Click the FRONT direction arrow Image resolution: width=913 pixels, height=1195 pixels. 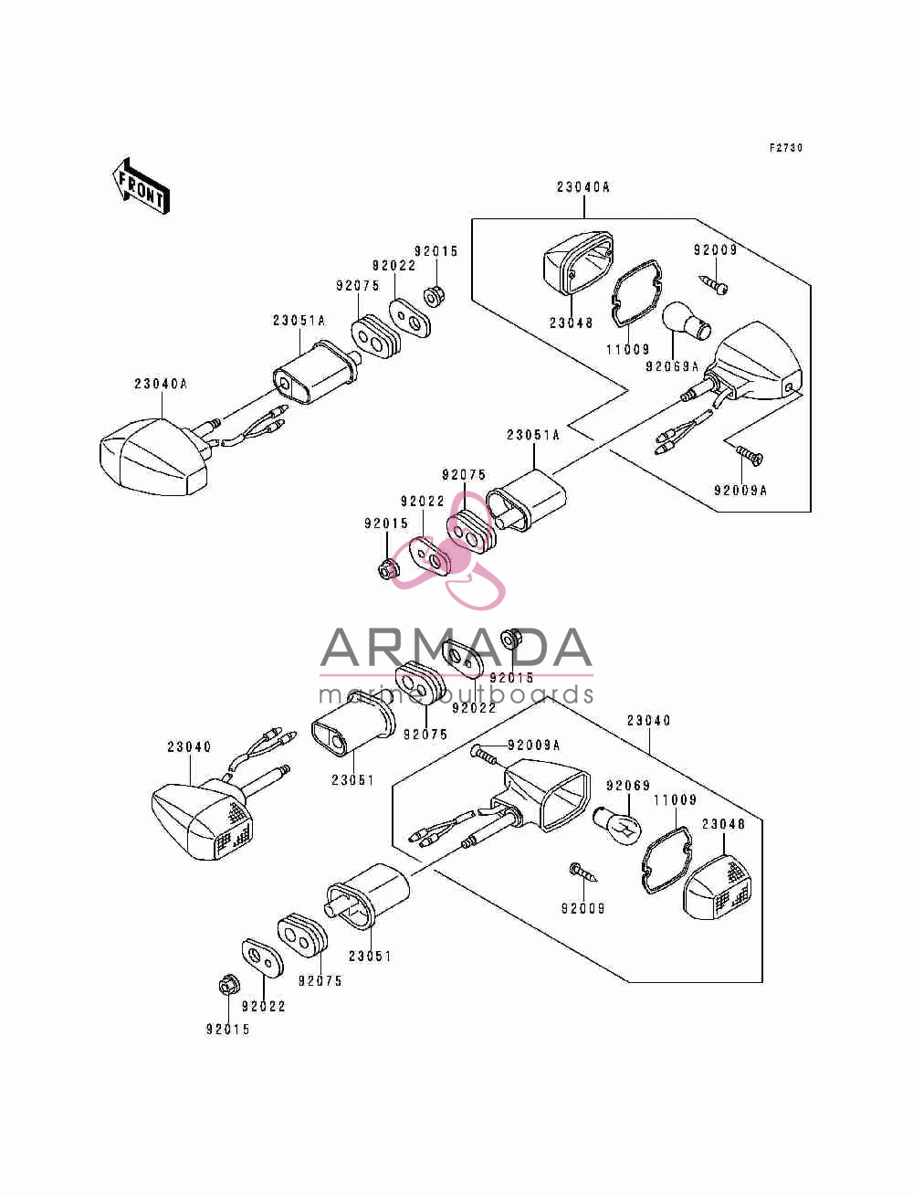point(141,186)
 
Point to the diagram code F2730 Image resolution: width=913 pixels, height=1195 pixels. point(786,147)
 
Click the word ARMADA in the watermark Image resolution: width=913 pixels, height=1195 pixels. point(456,648)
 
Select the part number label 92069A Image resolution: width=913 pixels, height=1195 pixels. point(672,367)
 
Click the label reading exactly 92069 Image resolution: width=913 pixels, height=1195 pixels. point(628,786)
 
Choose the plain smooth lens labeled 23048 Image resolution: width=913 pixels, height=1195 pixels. point(578,263)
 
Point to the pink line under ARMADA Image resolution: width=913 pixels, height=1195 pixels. point(456,676)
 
